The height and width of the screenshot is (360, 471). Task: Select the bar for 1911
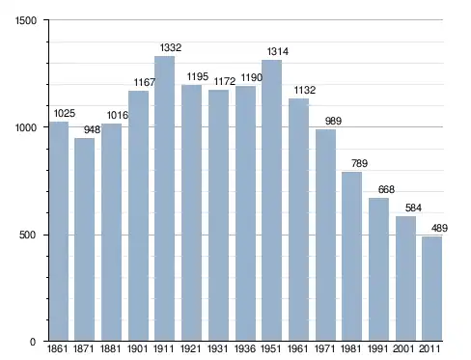pyautogui.click(x=164, y=199)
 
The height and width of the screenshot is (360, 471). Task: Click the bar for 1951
pyautogui.click(x=271, y=201)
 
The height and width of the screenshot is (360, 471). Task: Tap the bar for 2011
pyautogui.click(x=431, y=289)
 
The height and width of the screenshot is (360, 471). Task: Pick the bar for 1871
pyautogui.click(x=84, y=239)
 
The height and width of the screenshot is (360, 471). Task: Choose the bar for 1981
pyautogui.click(x=351, y=257)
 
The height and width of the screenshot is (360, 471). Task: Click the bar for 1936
pyautogui.click(x=245, y=213)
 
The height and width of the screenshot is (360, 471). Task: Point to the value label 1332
pyautogui.click(x=171, y=47)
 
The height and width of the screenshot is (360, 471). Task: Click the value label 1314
pyautogui.click(x=278, y=51)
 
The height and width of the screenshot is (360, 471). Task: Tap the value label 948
pyautogui.click(x=92, y=129)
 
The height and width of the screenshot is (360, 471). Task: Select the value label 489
pyautogui.click(x=439, y=228)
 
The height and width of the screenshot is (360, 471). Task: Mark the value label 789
pyautogui.click(x=359, y=163)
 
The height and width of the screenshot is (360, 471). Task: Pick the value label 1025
pyautogui.click(x=65, y=113)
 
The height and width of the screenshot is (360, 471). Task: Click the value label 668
pyautogui.click(x=386, y=189)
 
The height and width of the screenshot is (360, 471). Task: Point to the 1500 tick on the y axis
pyautogui.click(x=26, y=20)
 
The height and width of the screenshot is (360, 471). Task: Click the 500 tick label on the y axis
pyautogui.click(x=27, y=235)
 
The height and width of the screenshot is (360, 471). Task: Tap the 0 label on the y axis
pyautogui.click(x=33, y=342)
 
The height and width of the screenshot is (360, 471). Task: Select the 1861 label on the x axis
pyautogui.click(x=57, y=348)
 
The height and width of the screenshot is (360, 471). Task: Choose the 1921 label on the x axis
pyautogui.click(x=190, y=348)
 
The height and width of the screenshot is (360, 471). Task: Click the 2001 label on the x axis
pyautogui.click(x=403, y=348)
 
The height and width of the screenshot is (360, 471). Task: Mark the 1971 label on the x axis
pyautogui.click(x=324, y=348)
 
